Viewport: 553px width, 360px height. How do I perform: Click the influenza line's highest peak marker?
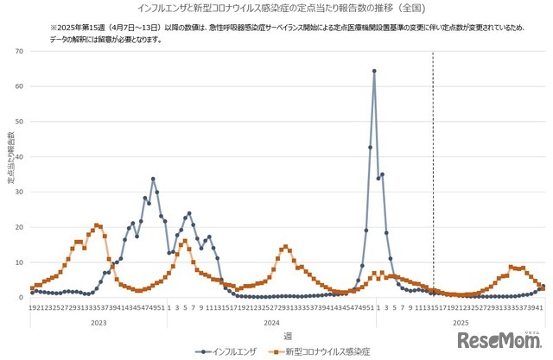(x=374, y=71)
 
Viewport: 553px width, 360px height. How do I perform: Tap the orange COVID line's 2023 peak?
(x=98, y=225)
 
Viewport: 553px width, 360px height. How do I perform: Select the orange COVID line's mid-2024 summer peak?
(x=285, y=247)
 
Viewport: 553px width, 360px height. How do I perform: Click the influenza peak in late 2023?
(x=153, y=179)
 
